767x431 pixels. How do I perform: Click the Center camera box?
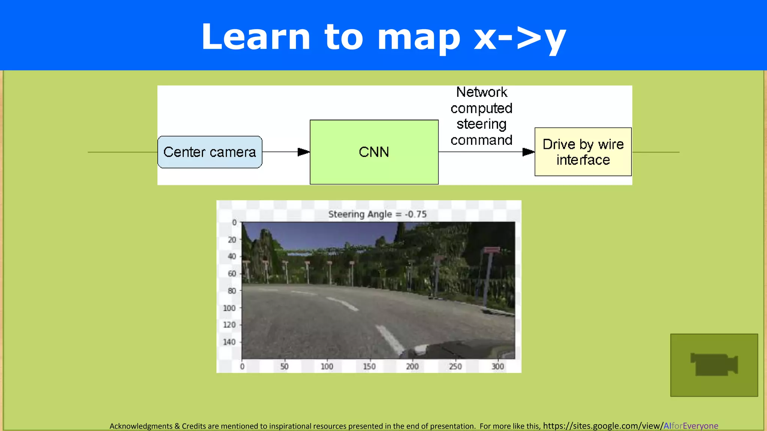pyautogui.click(x=210, y=152)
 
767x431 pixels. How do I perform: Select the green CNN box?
pyautogui.click(x=374, y=152)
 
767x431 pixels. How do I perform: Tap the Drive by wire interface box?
pyautogui.click(x=583, y=152)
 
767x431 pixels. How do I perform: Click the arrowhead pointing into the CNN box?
pyautogui.click(x=304, y=152)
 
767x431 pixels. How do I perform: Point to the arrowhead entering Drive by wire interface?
pyautogui.click(x=528, y=152)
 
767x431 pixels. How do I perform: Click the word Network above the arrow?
pyautogui.click(x=482, y=92)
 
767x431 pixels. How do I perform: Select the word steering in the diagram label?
pyautogui.click(x=482, y=124)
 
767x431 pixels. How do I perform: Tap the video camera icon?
pyautogui.click(x=714, y=365)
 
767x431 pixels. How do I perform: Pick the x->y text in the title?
pyautogui.click(x=520, y=37)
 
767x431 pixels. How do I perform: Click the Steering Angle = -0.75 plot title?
pyautogui.click(x=377, y=214)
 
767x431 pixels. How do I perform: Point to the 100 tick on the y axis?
pyautogui.click(x=229, y=308)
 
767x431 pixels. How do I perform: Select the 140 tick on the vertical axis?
pyautogui.click(x=229, y=342)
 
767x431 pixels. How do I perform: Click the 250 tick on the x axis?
pyautogui.click(x=455, y=367)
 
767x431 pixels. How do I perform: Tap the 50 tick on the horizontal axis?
pyautogui.click(x=284, y=367)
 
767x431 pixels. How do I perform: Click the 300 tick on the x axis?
pyautogui.click(x=498, y=367)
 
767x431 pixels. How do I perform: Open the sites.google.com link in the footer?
pyautogui.click(x=630, y=426)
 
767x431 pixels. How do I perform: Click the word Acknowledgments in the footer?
pyautogui.click(x=141, y=426)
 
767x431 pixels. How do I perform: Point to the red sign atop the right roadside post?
pyautogui.click(x=491, y=250)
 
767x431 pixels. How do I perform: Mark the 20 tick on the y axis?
pyautogui.click(x=232, y=239)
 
